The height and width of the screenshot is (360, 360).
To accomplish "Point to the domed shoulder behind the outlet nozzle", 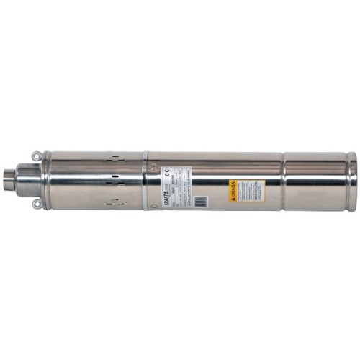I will tap(27, 180).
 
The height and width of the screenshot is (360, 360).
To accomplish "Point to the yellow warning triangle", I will tap(233, 184).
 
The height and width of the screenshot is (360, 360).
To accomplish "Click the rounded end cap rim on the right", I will tap(352, 180).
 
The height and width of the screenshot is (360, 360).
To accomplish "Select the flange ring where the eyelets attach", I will tap(45, 180).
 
